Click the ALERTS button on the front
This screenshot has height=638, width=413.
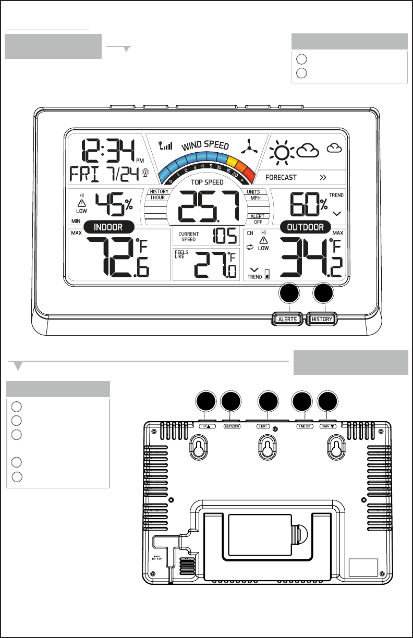(x=287, y=319)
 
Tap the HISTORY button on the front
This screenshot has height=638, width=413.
(x=321, y=319)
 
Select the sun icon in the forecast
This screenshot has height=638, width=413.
(x=282, y=152)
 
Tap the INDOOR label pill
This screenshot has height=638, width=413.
(x=108, y=227)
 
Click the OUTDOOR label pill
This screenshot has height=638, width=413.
(x=305, y=227)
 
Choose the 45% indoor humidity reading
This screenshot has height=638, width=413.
(x=113, y=203)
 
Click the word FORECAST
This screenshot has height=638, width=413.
(x=281, y=177)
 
